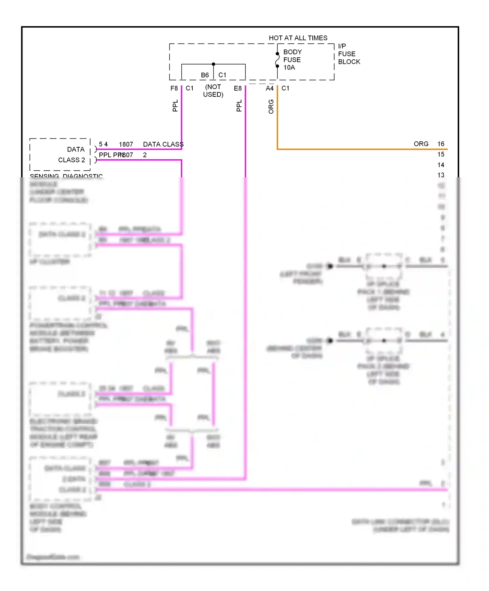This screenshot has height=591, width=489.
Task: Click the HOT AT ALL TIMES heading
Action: pyautogui.click(x=298, y=38)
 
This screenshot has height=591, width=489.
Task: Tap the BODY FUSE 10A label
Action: pyautogui.click(x=292, y=60)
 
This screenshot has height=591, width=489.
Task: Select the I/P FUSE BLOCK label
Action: pyautogui.click(x=348, y=54)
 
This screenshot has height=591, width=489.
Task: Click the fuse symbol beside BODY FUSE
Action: pyautogui.click(x=277, y=60)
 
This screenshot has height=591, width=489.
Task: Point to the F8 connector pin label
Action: pyautogui.click(x=174, y=88)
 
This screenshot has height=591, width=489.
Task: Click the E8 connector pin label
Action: pyautogui.click(x=238, y=88)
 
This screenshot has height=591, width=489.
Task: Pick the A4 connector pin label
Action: pyautogui.click(x=270, y=88)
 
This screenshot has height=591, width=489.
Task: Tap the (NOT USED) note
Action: pyautogui.click(x=213, y=91)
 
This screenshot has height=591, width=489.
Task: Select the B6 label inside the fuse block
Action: pyautogui.click(x=205, y=75)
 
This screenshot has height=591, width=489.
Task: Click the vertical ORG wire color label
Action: pyautogui.click(x=271, y=107)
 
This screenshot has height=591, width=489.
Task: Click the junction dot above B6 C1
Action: pyautogui.click(x=214, y=64)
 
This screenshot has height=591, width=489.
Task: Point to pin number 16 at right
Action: pyautogui.click(x=441, y=144)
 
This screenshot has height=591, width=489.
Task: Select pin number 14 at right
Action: pyautogui.click(x=441, y=165)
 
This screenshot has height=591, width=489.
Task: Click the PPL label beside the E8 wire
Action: pyautogui.click(x=239, y=106)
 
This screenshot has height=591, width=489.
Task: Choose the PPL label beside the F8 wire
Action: pyautogui.click(x=175, y=106)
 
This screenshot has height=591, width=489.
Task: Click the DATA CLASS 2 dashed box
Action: pyautogui.click(x=60, y=154)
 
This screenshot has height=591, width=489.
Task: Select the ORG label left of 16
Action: pyautogui.click(x=421, y=144)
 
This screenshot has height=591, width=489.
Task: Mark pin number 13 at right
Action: pyautogui.click(x=441, y=175)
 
